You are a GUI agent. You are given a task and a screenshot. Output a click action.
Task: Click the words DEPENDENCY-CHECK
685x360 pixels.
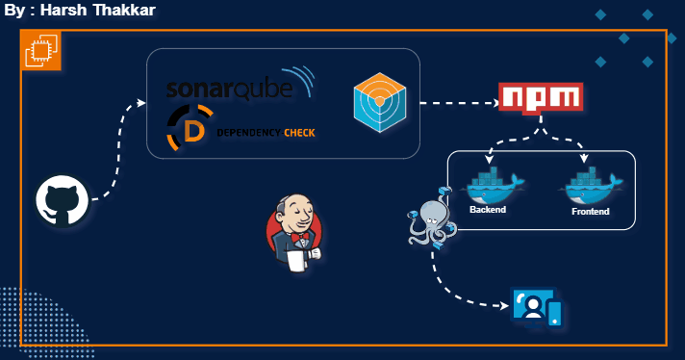click(x=265, y=133)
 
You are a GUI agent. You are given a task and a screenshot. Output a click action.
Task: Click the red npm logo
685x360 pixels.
click(x=541, y=97)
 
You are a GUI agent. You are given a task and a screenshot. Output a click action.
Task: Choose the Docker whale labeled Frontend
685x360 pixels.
click(x=590, y=185)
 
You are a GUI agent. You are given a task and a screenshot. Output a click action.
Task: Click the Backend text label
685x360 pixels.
click(x=488, y=209)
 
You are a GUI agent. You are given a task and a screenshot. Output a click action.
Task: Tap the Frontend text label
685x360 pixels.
click(x=590, y=211)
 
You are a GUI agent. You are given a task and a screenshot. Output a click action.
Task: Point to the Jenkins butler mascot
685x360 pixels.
click(x=294, y=234)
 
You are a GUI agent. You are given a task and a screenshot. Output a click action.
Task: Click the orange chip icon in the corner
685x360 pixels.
click(x=41, y=50)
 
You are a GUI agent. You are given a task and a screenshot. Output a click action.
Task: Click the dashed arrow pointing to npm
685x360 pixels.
click(x=457, y=101)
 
